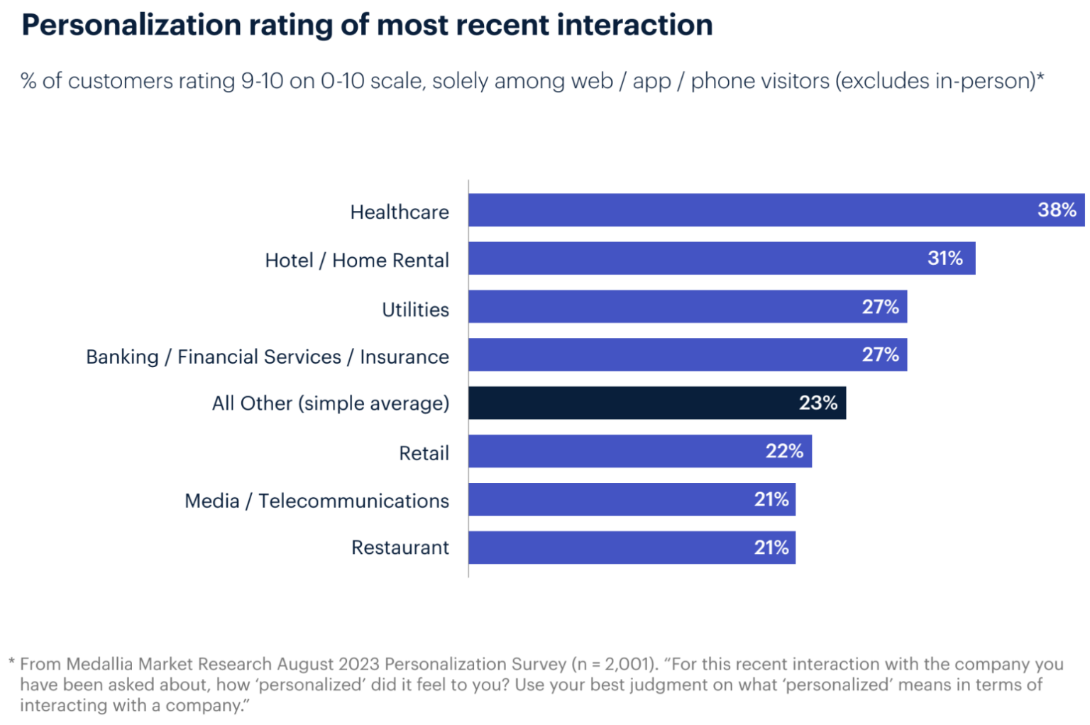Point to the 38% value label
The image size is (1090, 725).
1057,210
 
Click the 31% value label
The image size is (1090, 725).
945,258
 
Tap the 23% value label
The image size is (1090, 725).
818,403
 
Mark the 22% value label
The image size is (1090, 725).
784,452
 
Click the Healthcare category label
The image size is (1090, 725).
400,212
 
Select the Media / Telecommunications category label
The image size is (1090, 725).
316,501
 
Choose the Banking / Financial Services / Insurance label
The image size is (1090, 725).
268,357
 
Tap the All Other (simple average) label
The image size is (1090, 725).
331,404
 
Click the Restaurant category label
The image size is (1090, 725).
400,548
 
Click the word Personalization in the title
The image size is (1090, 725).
131,26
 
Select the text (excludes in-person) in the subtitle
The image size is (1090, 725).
937,82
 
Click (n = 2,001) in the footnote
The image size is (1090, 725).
615,665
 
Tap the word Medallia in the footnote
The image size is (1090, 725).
100,665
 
